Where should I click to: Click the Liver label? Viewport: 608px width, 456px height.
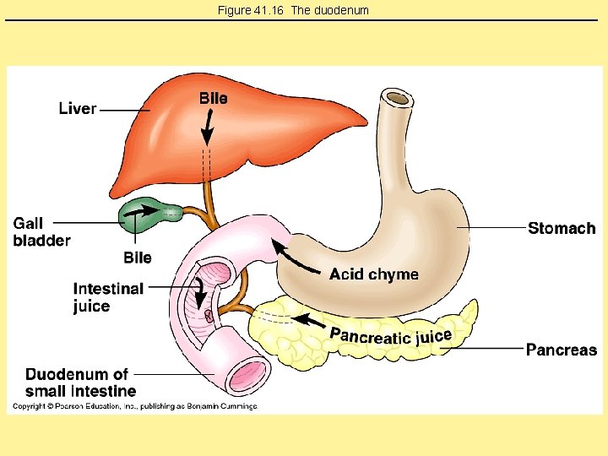[78, 109]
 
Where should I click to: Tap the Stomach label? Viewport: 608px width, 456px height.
[562, 228]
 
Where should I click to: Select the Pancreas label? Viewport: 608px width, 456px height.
[561, 350]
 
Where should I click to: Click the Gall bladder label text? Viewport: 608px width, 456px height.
[41, 232]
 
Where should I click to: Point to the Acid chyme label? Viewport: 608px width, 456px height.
[373, 274]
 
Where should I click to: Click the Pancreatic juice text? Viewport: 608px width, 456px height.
[390, 336]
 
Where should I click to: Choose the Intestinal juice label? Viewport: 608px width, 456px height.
[108, 297]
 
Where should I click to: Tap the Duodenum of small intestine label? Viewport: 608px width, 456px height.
[79, 383]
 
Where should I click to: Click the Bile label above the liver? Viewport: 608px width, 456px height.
[213, 98]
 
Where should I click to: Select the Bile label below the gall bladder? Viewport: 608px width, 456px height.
[138, 258]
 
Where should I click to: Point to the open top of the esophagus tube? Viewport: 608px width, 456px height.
[397, 99]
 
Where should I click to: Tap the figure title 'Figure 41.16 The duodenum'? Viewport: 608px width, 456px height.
[293, 10]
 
